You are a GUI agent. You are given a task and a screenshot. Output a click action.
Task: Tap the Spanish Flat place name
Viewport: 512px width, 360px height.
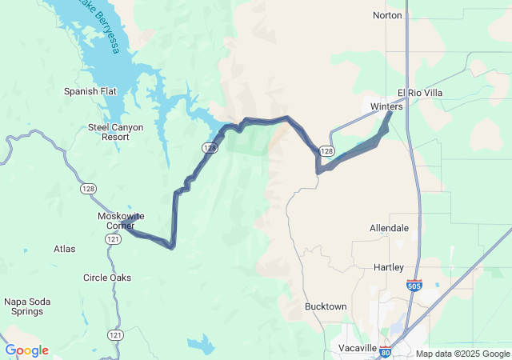click(90, 91)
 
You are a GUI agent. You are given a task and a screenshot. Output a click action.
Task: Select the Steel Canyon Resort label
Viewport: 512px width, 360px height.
click(110, 132)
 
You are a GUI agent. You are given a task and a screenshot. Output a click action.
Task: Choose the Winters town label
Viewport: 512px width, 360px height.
click(386, 106)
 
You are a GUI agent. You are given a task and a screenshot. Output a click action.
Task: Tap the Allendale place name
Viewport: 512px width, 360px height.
click(389, 228)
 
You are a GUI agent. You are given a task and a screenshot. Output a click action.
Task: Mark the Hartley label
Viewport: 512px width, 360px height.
click(389, 266)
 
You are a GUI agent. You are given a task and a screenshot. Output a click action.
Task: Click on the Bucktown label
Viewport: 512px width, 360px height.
click(326, 306)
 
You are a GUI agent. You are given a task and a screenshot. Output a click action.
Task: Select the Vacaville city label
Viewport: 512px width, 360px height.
click(357, 348)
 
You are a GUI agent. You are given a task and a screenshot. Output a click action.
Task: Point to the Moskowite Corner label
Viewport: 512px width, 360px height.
click(120, 220)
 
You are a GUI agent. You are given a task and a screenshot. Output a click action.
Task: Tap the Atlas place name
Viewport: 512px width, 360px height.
click(65, 249)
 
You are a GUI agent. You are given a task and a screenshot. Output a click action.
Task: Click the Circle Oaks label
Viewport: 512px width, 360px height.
click(107, 278)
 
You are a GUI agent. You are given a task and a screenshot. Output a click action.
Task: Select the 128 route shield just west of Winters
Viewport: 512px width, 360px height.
click(326, 150)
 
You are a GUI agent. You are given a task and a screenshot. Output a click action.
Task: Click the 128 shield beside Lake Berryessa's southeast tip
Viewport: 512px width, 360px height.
click(208, 148)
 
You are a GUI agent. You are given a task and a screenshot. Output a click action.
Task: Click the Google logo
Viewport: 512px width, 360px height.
click(26, 350)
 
